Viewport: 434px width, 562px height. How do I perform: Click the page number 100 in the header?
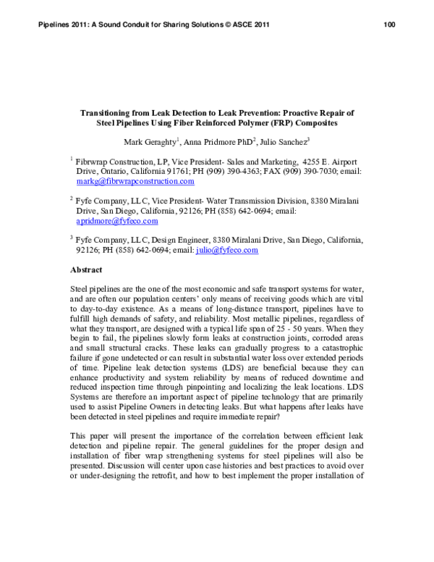pyautogui.click(x=388, y=25)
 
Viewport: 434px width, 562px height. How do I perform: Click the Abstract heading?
pyautogui.click(x=85, y=269)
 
